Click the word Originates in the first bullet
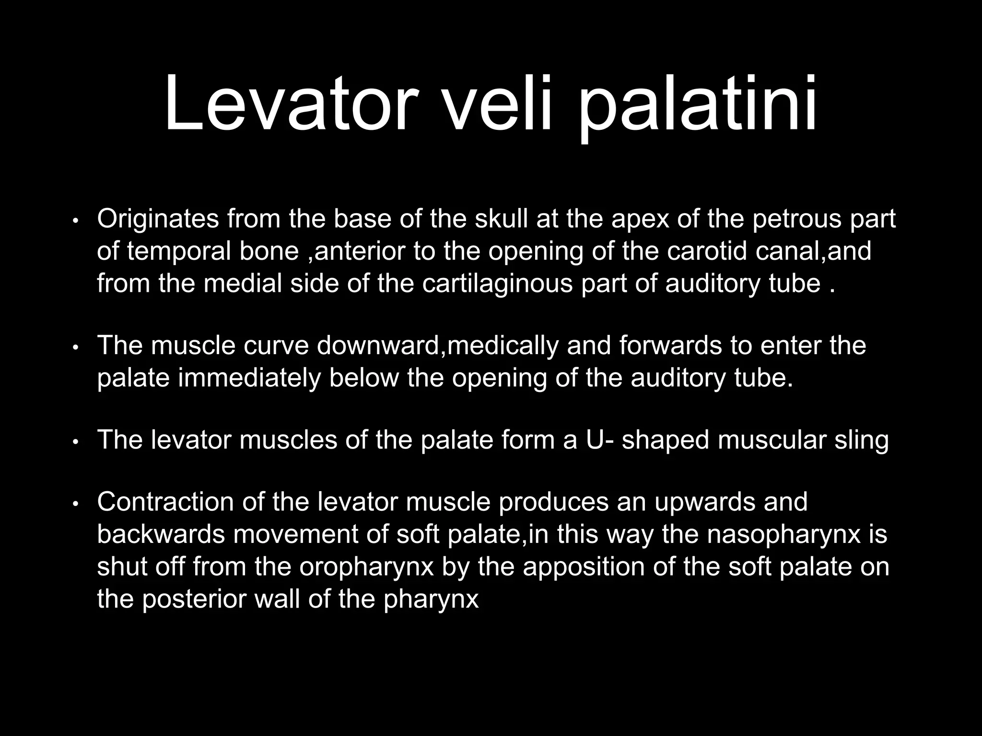[x=157, y=220]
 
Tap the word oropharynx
[x=366, y=567]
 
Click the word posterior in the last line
[x=194, y=599]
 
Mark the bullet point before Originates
[x=75, y=221]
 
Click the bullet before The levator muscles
[x=75, y=442]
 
